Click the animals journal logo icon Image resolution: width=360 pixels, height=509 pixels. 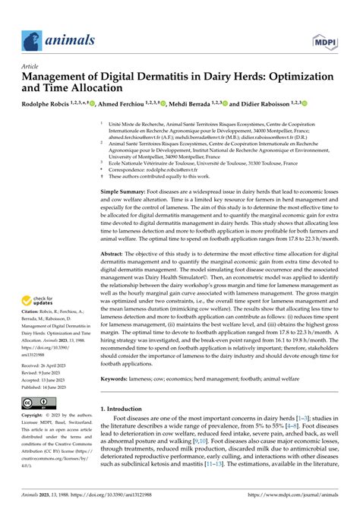pos(33,38)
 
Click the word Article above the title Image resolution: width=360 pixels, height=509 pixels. pos(33,67)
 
